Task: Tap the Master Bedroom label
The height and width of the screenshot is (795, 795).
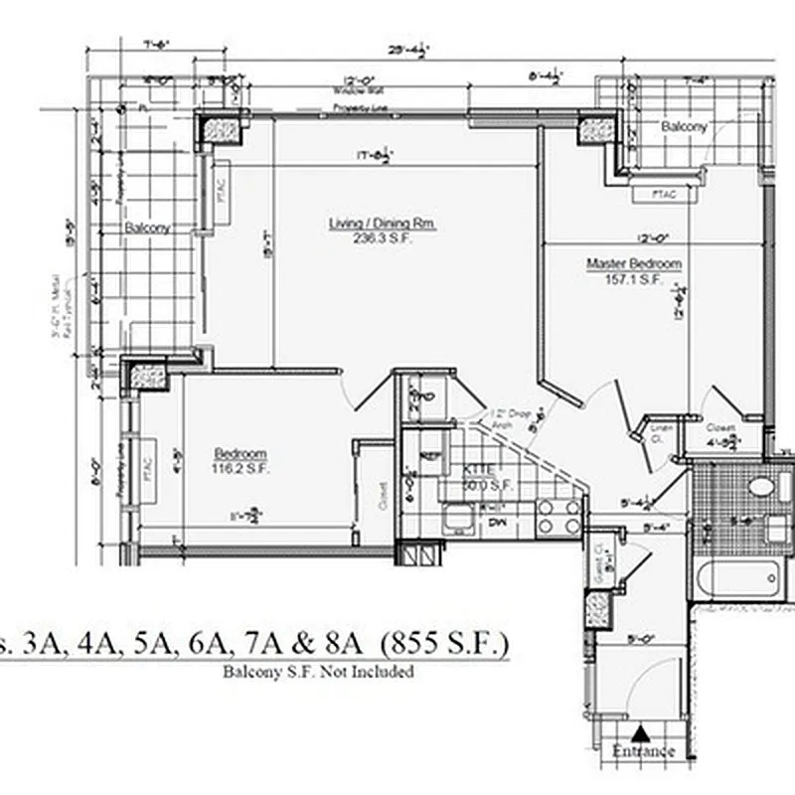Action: pos(634,263)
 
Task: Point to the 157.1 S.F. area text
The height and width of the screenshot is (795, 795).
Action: pos(634,280)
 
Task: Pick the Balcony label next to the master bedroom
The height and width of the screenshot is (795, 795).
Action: pos(684,127)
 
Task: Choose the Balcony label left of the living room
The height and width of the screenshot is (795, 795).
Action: pos(147,228)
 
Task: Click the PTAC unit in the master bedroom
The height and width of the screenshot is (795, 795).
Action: pos(663,195)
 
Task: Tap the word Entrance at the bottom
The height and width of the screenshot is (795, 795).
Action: pos(643,751)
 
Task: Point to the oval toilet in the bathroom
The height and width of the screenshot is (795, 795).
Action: pos(762,487)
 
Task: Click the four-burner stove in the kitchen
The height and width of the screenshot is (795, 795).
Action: pos(558,515)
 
